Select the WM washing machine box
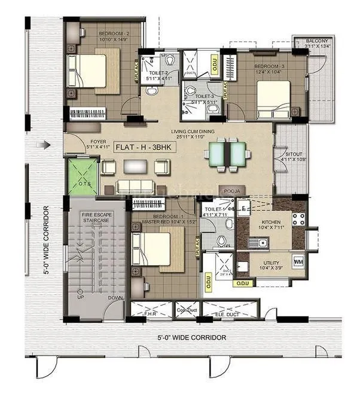[x=298, y=262]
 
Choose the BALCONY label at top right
[x=317, y=40]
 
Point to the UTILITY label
[x=268, y=261]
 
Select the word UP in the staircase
[x=80, y=297]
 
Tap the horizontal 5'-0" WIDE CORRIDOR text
[x=191, y=338]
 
